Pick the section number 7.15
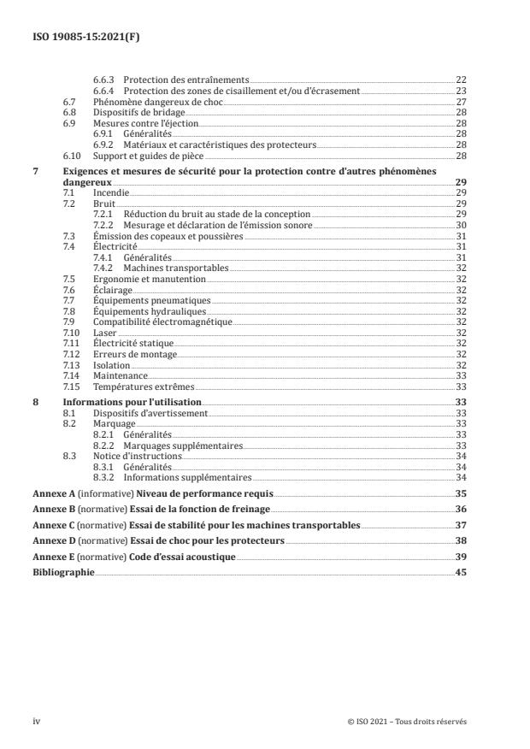(x=72, y=386)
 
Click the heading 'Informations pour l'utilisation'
(x=132, y=401)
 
